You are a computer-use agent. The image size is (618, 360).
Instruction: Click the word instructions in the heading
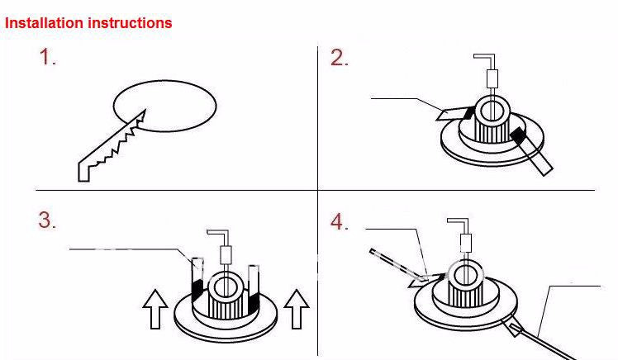tap(129, 23)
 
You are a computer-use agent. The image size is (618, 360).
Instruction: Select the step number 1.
tap(48, 58)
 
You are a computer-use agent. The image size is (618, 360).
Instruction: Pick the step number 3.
tap(47, 220)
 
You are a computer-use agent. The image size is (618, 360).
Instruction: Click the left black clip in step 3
tap(197, 287)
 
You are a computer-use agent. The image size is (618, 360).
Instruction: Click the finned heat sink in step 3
tap(226, 307)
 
